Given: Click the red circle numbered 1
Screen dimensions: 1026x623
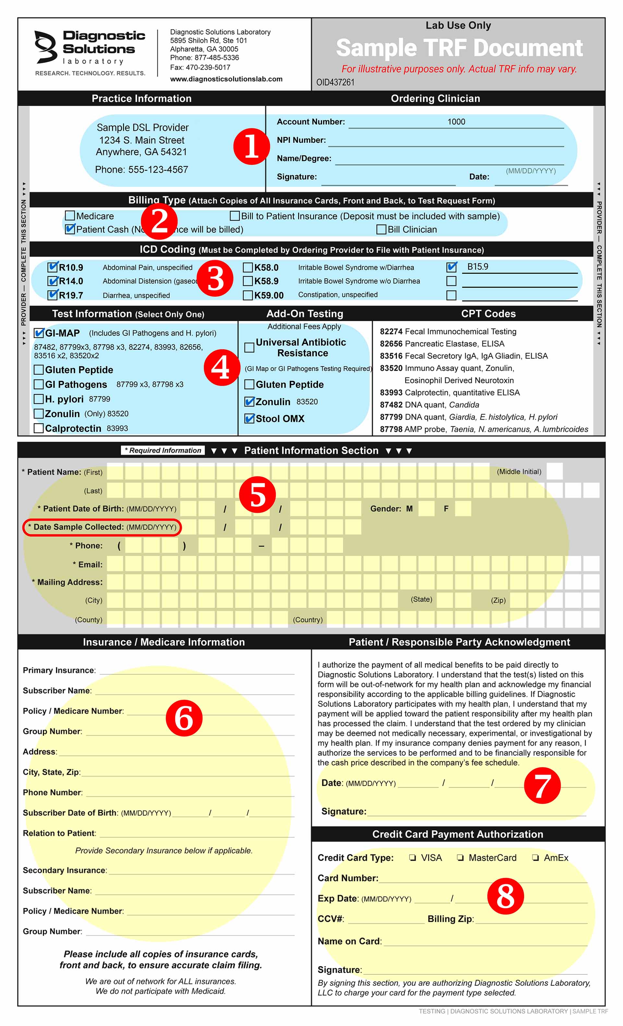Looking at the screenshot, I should tap(251, 146).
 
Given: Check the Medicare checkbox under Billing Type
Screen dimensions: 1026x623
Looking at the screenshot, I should tap(70, 216).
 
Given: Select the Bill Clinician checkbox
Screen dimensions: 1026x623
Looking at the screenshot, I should tap(381, 229).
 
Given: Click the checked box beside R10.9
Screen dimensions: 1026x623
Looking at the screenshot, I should tap(53, 267).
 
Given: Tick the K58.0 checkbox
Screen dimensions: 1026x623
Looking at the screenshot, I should tap(248, 267).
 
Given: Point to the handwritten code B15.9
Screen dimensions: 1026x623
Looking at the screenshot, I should tap(478, 267).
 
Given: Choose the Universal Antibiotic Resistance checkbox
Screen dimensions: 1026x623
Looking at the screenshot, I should tap(249, 347).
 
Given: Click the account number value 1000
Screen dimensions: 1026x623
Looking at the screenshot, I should tap(456, 122).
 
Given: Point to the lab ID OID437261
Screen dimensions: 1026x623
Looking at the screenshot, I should tap(335, 82).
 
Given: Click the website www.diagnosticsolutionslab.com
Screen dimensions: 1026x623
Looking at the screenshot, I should tap(226, 79).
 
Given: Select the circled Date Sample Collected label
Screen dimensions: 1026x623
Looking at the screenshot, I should tap(102, 527).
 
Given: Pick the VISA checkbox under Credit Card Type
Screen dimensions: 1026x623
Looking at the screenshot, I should tap(412, 858).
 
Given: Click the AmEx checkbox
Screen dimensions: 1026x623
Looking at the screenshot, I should tap(535, 858).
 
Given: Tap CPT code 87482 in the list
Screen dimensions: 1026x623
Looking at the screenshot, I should tap(391, 405).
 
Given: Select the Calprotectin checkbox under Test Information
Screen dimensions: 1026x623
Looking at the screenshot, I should tap(38, 428).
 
